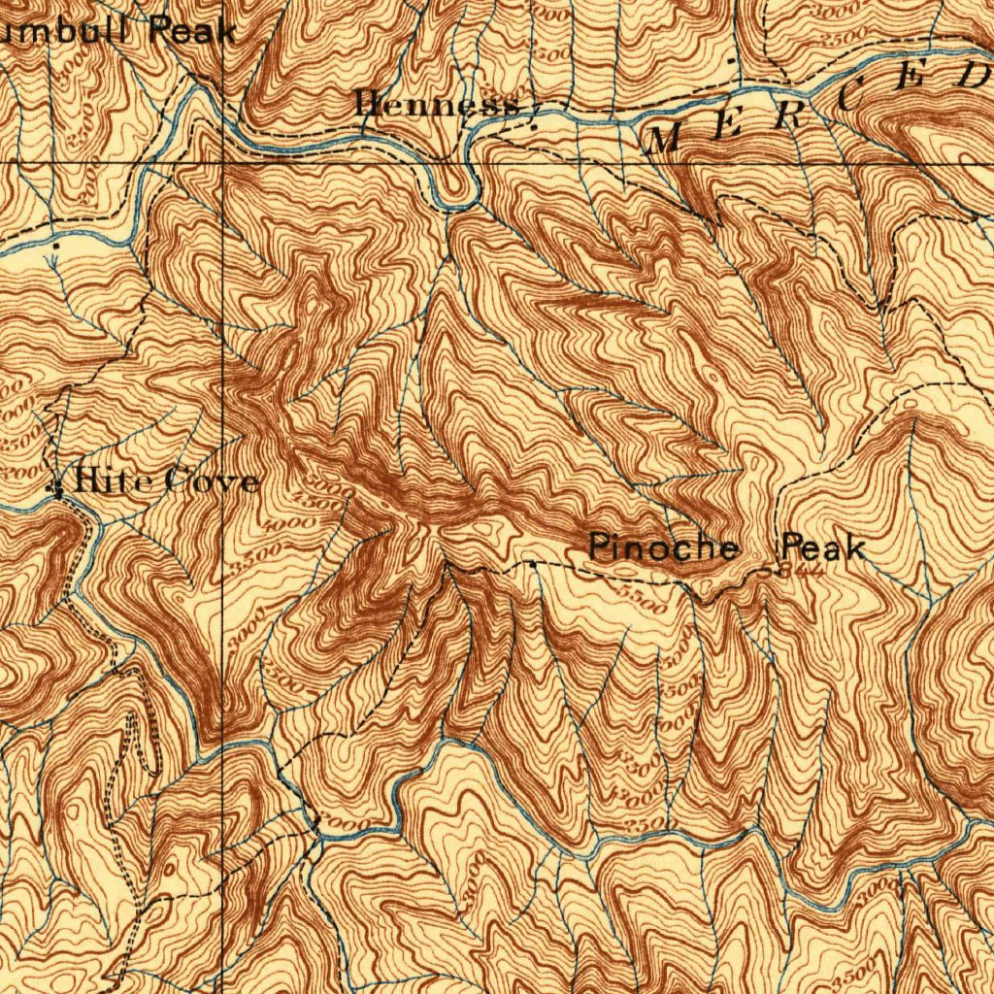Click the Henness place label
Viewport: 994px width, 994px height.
point(437,103)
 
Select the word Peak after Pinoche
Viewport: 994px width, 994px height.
point(823,547)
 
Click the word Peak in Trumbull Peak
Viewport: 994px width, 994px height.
point(192,30)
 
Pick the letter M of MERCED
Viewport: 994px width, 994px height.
point(665,140)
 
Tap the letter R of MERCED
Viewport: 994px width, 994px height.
point(787,116)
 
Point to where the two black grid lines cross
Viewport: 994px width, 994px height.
point(224,162)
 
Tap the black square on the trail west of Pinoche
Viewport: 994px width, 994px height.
point(533,563)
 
